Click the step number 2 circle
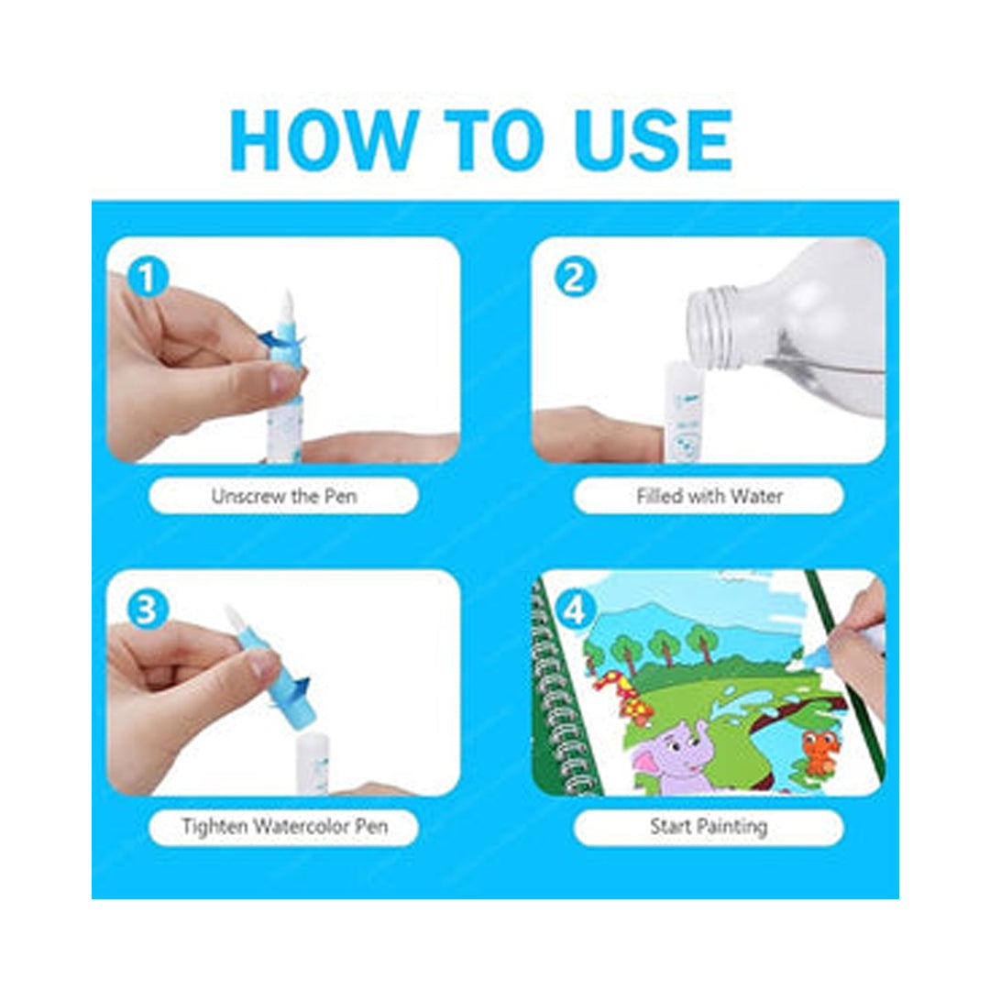click(575, 279)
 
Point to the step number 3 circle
click(147, 610)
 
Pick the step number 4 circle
click(575, 611)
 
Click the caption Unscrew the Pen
click(284, 496)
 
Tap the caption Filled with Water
click(709, 496)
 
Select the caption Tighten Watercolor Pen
click(284, 827)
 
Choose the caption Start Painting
click(709, 827)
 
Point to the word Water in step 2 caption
click(759, 496)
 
